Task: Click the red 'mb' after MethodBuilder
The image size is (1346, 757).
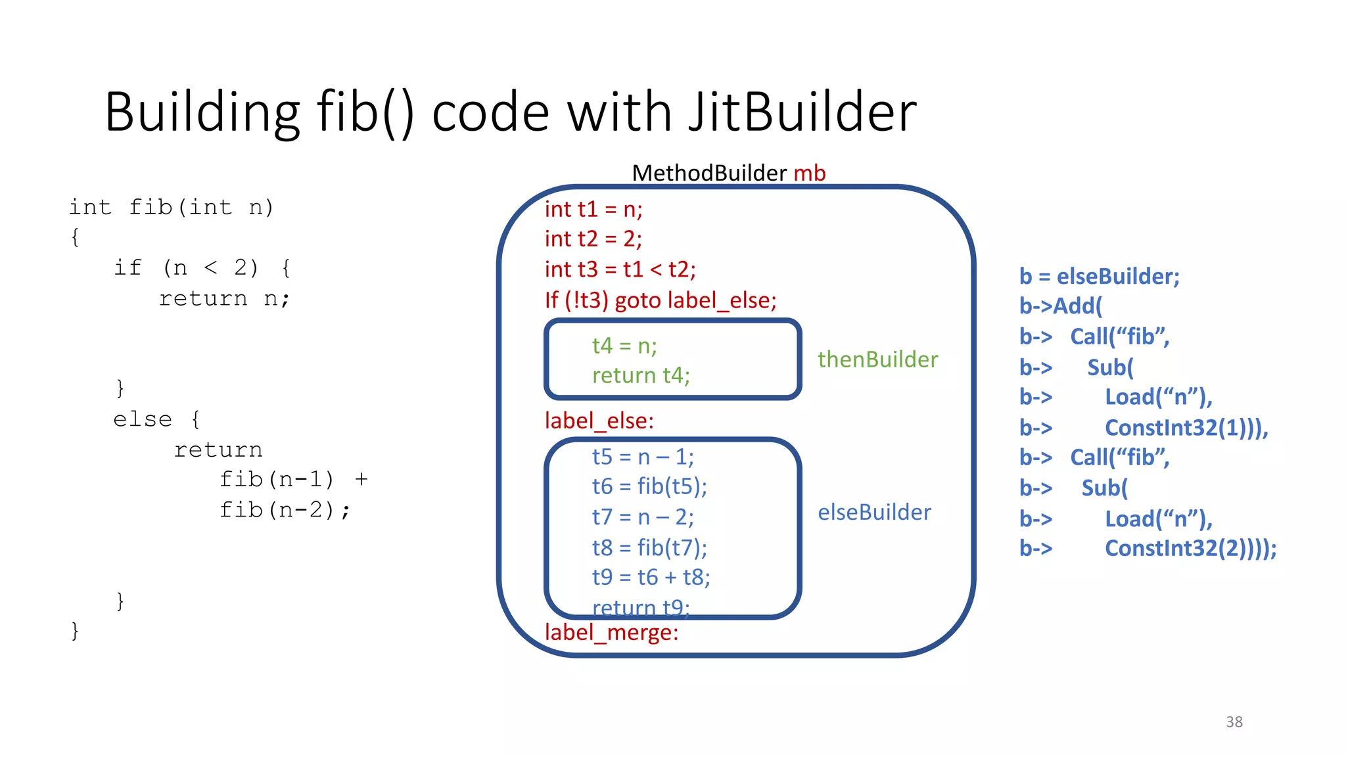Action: tap(809, 173)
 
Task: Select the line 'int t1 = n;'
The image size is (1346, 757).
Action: tap(593, 209)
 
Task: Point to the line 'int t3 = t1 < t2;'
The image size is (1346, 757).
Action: tap(620, 269)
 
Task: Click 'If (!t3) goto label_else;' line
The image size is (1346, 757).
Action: tap(660, 300)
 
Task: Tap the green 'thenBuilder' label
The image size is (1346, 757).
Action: tap(877, 359)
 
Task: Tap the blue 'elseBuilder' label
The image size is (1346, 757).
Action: tap(874, 512)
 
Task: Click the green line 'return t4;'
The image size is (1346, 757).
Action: tap(641, 375)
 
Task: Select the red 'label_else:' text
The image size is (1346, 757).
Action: tap(599, 421)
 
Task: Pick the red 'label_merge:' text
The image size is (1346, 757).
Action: tap(611, 632)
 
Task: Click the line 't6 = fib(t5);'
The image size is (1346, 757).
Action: tap(649, 486)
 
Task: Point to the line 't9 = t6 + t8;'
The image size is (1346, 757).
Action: tap(651, 577)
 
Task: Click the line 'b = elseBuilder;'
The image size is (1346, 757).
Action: tap(1099, 277)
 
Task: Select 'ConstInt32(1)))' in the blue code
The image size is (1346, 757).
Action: tap(1186, 428)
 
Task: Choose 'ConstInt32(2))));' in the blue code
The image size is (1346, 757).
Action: tap(1190, 548)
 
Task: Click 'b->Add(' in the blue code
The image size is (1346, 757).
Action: tap(1060, 306)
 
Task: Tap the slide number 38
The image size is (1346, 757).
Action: tap(1234, 722)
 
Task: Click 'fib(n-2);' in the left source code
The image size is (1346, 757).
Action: tap(285, 510)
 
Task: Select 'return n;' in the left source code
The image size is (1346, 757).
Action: tap(224, 299)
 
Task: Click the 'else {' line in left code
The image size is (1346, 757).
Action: tap(156, 419)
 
